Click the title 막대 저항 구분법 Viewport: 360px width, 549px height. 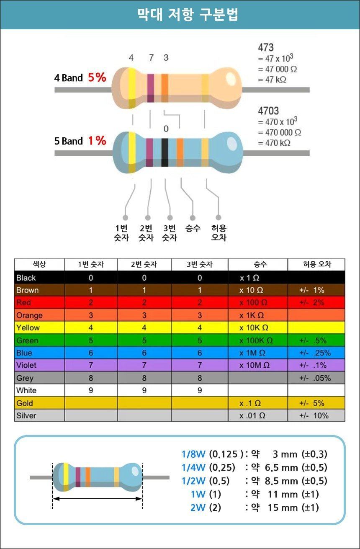coord(188,15)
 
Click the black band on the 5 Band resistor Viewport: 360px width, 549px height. coord(165,152)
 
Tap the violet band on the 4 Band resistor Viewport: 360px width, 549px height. coord(150,88)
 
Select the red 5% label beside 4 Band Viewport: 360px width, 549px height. coord(97,77)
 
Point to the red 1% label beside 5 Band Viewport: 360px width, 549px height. coord(97,141)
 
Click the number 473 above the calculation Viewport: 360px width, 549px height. coord(266,47)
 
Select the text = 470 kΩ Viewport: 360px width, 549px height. coord(274,143)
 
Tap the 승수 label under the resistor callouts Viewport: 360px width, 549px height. coord(193,228)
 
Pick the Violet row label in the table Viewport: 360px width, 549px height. coord(26,365)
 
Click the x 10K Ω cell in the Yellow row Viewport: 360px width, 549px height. coord(254,328)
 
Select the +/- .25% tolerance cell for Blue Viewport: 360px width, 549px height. coord(315,353)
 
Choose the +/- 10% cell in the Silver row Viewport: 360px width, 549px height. coord(314,415)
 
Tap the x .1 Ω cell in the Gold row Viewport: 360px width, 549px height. coord(250,403)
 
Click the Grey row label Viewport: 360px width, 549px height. coord(25,378)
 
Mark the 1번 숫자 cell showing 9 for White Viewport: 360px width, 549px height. coord(91,390)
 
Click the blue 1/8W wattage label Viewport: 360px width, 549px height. coord(193,454)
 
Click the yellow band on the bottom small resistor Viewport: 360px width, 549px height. coord(66,477)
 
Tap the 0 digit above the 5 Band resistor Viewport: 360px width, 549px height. coord(166,129)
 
